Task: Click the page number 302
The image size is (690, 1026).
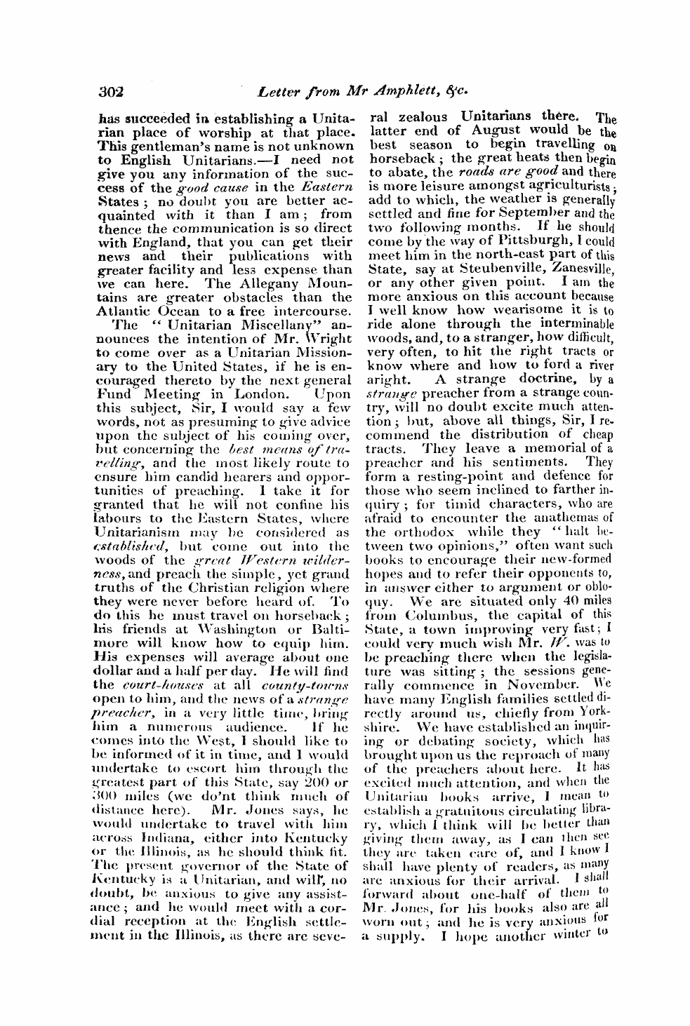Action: [x=111, y=90]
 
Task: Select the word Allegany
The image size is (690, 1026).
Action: [x=259, y=283]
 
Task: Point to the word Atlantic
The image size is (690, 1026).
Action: [x=120, y=311]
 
